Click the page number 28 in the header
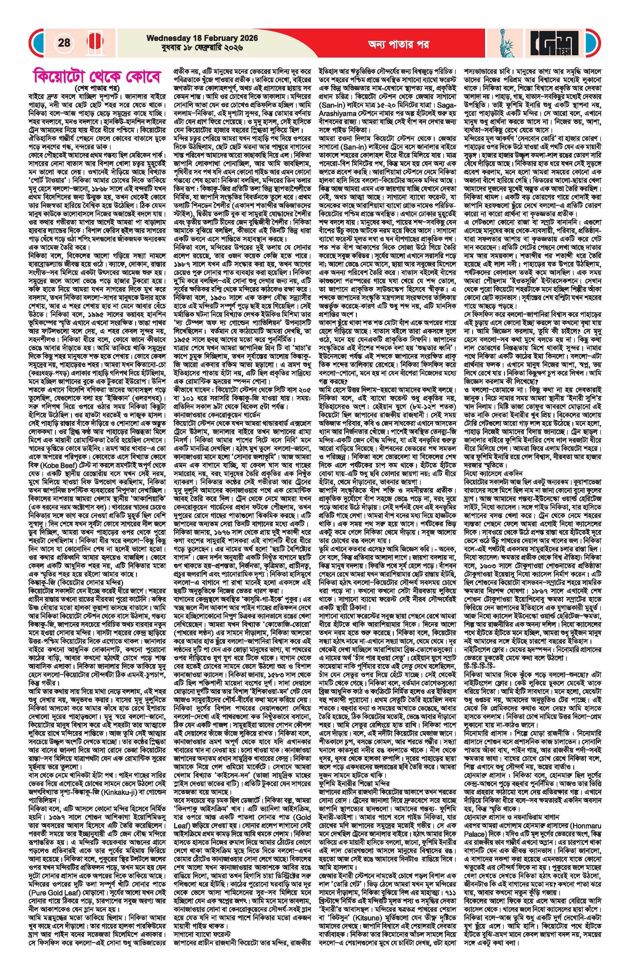click(64, 43)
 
